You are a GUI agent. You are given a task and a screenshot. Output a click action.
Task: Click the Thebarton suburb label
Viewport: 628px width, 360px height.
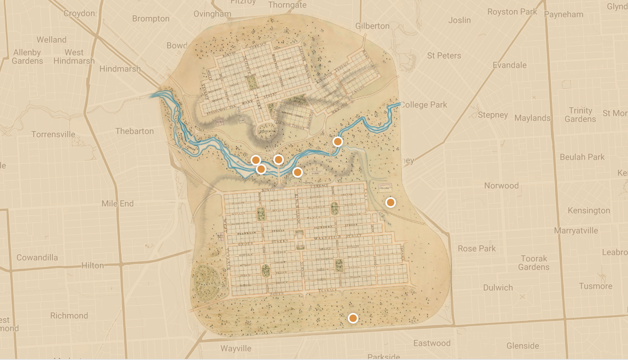tap(134, 131)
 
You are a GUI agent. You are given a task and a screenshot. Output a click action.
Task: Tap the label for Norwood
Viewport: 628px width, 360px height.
tap(501, 186)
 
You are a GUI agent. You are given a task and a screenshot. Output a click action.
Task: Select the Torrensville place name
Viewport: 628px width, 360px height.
tap(53, 134)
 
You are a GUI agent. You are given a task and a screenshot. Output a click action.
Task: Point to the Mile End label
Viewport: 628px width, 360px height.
tap(117, 204)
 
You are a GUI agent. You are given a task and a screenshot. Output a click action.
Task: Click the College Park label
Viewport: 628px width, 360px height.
tap(423, 105)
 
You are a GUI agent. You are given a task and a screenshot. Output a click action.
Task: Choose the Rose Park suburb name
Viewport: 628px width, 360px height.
tap(477, 248)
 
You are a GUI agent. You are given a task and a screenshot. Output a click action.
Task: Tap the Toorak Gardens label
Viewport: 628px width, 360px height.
tap(533, 263)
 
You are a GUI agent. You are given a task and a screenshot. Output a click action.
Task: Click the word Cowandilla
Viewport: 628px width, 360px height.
tap(37, 257)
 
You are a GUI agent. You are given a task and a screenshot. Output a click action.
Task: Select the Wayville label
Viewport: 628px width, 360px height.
tap(236, 348)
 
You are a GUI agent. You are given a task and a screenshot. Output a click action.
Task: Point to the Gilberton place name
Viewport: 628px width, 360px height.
tap(372, 26)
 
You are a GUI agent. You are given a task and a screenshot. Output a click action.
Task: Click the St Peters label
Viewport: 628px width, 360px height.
tap(444, 56)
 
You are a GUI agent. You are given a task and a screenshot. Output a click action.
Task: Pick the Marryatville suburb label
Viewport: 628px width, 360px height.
tap(576, 230)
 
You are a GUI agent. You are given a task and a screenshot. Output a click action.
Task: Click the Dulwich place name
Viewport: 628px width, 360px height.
tap(498, 288)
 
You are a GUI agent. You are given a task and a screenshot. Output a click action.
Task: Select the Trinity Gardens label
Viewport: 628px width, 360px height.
tap(580, 115)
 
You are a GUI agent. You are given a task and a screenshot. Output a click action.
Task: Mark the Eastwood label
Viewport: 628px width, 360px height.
tap(432, 343)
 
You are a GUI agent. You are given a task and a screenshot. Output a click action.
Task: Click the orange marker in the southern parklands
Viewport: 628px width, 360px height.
tap(353, 318)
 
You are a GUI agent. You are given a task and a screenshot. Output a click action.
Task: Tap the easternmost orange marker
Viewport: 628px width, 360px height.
tap(391, 202)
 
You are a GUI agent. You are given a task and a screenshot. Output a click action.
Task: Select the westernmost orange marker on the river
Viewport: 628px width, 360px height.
tap(255, 160)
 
